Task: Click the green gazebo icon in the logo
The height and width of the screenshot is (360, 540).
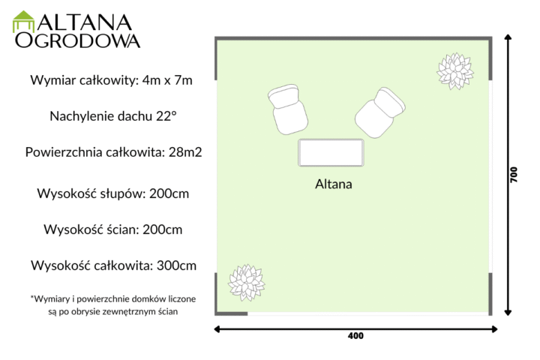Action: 23,21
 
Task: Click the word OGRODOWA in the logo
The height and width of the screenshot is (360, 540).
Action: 77,40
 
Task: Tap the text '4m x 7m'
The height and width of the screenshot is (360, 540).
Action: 167,80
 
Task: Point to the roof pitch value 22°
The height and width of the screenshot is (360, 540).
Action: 166,116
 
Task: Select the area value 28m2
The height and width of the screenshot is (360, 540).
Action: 185,152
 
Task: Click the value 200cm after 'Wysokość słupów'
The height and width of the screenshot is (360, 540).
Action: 169,193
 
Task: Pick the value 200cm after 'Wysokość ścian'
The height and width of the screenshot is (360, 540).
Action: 163,229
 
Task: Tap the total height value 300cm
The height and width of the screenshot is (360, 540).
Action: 177,265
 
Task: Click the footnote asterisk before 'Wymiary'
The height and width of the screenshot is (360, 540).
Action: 32,297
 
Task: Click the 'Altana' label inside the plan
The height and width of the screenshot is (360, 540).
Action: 334,184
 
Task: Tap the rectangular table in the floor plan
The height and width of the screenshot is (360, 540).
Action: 331,152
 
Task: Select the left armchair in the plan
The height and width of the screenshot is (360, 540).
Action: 288,109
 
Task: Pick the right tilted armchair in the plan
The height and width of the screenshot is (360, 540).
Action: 380,112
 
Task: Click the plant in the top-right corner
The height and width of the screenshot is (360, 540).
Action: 455,71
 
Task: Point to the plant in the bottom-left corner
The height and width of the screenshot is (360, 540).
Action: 247,283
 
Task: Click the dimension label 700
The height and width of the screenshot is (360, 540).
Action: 514,175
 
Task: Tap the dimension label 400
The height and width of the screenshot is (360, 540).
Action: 355,336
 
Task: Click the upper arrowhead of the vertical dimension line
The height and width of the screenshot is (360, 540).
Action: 508,37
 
